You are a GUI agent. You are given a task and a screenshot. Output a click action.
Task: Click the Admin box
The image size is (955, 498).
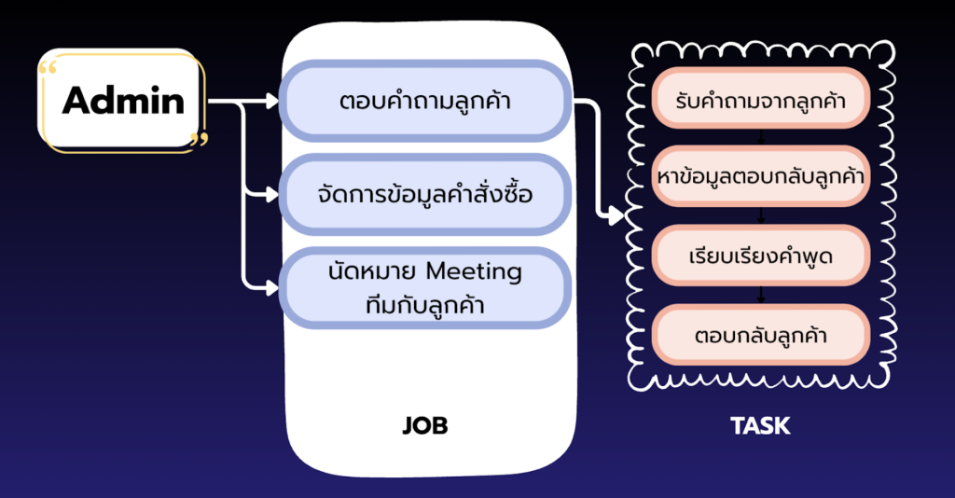click(x=122, y=101)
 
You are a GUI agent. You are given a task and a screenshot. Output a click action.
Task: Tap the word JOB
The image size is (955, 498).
click(x=424, y=426)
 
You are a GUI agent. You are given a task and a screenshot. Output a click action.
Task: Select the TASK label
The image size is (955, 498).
click(x=760, y=426)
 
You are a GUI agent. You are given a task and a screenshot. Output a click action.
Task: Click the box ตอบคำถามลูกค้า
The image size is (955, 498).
click(x=424, y=101)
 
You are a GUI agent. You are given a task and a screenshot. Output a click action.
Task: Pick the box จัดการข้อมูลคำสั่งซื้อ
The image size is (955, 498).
click(x=424, y=195)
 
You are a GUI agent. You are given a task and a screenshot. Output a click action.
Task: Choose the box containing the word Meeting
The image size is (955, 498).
click(x=424, y=286)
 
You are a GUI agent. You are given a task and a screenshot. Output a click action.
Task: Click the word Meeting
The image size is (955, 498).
click(x=473, y=271)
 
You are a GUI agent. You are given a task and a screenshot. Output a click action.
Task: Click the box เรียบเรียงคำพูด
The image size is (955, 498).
click(x=760, y=255)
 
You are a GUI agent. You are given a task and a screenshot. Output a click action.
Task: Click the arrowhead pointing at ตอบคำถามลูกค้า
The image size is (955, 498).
click(x=272, y=101)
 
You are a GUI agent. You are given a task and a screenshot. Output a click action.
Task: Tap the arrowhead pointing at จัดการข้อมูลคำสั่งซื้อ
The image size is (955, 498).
click(x=272, y=195)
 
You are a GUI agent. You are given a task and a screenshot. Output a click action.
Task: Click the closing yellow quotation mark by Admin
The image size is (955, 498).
click(x=198, y=140)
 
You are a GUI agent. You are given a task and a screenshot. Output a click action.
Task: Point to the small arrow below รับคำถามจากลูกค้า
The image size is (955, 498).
click(x=761, y=138)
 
